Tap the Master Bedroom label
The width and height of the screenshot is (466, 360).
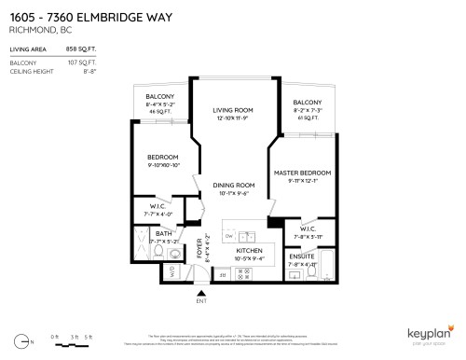pos(304,173)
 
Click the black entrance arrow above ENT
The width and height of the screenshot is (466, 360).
pos(199,292)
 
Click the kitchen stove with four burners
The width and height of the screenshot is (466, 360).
pos(247,273)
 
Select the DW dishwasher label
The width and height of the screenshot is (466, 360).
pos(229,236)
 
